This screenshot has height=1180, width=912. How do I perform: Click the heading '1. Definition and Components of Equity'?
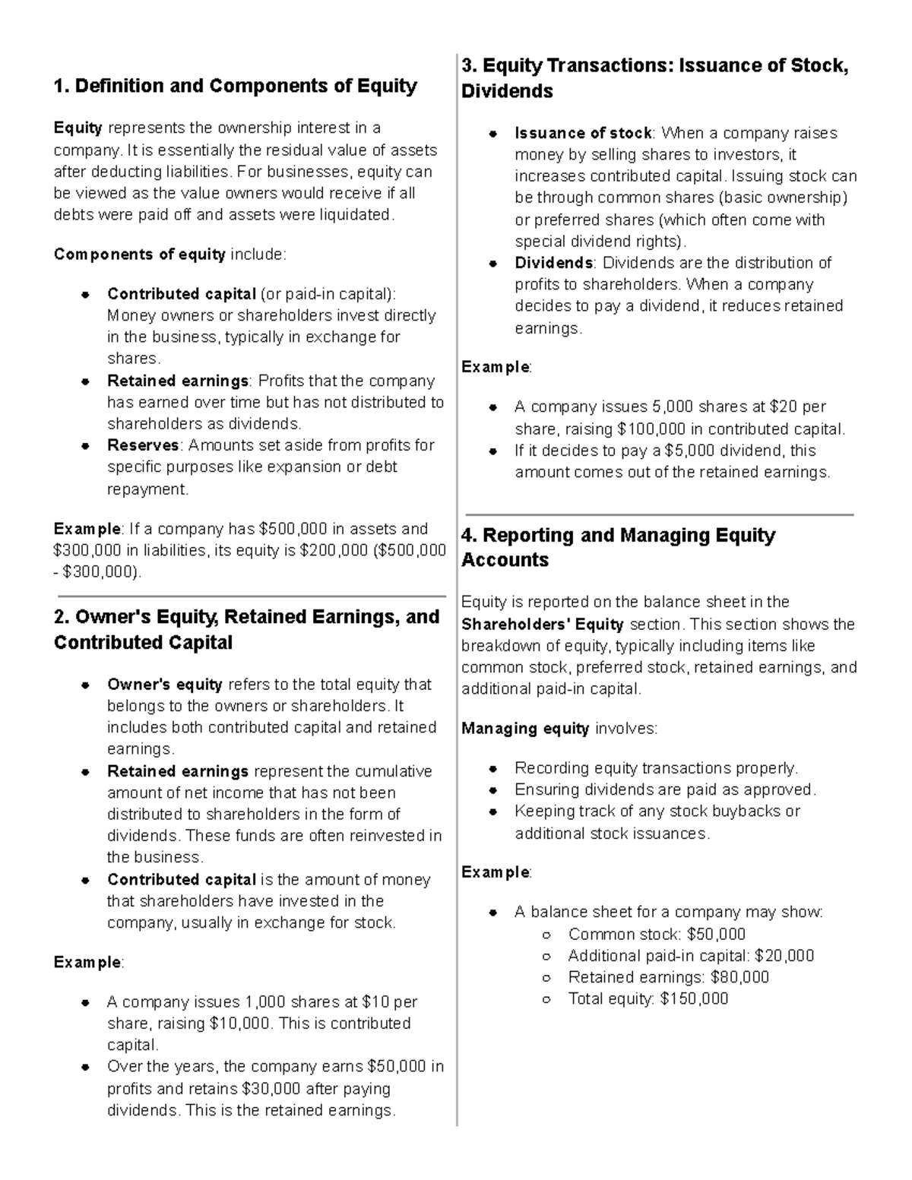(235, 86)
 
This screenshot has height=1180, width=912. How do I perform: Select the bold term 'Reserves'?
(143, 445)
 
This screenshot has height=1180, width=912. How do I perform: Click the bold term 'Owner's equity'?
(165, 685)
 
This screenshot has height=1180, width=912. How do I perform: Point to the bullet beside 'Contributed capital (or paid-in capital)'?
(87, 294)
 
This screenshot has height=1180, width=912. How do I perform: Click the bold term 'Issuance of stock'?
(583, 134)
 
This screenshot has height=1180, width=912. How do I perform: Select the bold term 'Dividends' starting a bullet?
(554, 263)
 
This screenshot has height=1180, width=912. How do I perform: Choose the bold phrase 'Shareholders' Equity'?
(543, 625)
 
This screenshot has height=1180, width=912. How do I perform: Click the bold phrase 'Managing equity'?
(525, 729)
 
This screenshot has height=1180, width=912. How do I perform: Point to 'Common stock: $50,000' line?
(657, 934)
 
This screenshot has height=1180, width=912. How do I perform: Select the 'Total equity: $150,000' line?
(648, 998)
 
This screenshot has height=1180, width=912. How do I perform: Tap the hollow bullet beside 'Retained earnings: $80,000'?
(546, 978)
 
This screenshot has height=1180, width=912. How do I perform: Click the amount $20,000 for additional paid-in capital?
(785, 956)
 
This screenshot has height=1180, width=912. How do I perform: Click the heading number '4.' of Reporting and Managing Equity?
(469, 536)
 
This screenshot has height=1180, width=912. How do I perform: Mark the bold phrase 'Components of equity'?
(139, 255)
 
